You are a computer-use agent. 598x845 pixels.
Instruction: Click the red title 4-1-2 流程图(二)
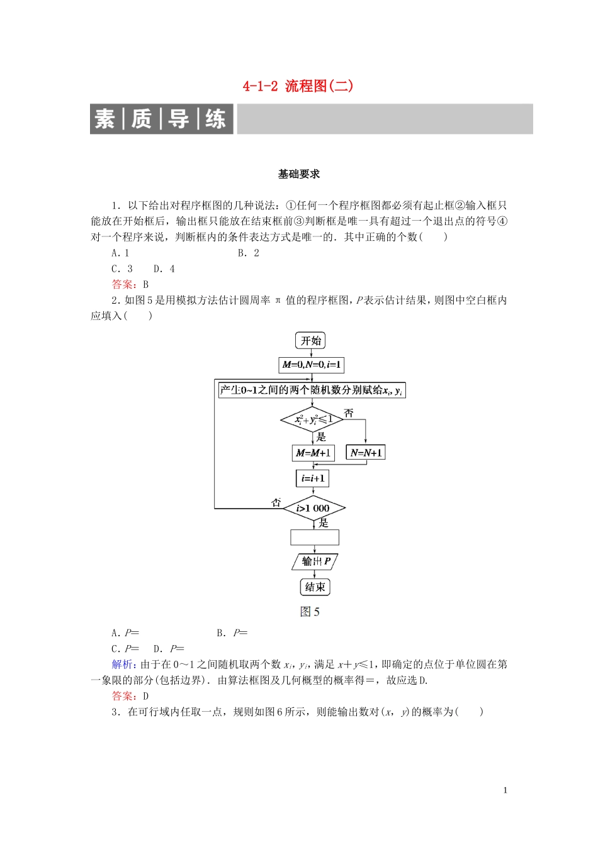(298, 86)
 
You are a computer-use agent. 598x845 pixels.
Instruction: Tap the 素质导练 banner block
(162, 119)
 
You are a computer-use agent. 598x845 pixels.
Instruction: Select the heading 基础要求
(299, 174)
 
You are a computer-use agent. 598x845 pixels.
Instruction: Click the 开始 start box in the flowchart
(311, 341)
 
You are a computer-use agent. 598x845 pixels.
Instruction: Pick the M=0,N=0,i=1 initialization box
(312, 365)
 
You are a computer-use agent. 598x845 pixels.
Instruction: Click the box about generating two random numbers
(312, 390)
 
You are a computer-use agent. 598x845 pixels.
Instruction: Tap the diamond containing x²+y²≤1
(312, 419)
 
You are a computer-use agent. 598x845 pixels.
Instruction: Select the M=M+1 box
(313, 453)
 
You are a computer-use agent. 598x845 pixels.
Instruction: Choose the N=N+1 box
(366, 453)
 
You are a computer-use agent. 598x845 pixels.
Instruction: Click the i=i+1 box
(313, 478)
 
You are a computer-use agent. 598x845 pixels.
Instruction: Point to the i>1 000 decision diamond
(313, 508)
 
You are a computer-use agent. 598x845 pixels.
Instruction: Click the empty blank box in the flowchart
(315, 537)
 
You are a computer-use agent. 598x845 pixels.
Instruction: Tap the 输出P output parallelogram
(315, 561)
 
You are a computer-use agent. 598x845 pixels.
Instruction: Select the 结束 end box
(315, 587)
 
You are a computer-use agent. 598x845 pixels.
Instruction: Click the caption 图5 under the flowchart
(310, 612)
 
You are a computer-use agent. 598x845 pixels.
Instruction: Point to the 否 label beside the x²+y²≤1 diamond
(349, 413)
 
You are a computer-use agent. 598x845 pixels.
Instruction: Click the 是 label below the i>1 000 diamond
(324, 522)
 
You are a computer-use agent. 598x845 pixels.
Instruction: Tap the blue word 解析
(122, 665)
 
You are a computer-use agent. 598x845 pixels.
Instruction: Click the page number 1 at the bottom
(505, 790)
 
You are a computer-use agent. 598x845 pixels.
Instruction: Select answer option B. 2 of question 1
(249, 253)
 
